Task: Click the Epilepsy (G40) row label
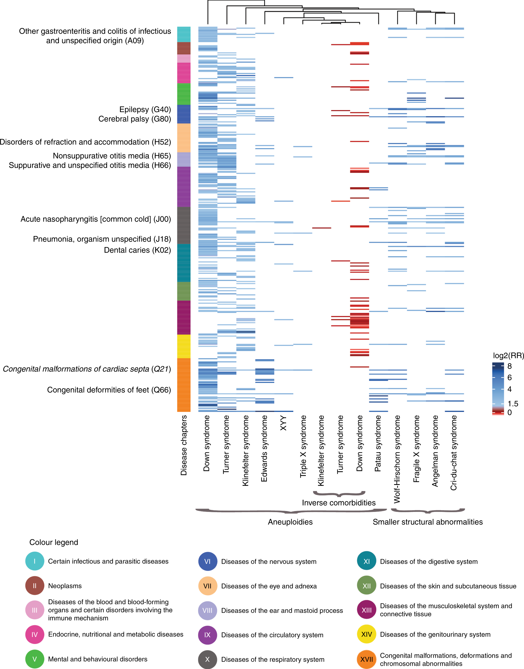pos(145,110)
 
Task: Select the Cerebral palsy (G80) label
pos(134,119)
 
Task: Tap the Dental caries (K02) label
pos(137,250)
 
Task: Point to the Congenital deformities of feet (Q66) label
pos(109,390)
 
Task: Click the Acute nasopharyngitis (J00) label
pos(95,219)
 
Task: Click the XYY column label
pos(284,423)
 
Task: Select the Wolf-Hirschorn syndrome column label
pos(397,459)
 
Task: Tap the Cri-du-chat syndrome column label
pos(454,453)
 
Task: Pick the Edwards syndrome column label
pos(264,448)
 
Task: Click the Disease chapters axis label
pos(184,445)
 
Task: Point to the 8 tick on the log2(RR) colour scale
pos(509,366)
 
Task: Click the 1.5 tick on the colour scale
pos(513,404)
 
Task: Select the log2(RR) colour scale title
pos(508,356)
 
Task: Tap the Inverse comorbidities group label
pos(339,503)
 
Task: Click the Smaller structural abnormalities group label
pos(428,522)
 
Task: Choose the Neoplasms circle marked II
pos(35,586)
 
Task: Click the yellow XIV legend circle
pos(367,634)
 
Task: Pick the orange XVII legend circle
pos(367,659)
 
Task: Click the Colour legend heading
pos(54,542)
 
